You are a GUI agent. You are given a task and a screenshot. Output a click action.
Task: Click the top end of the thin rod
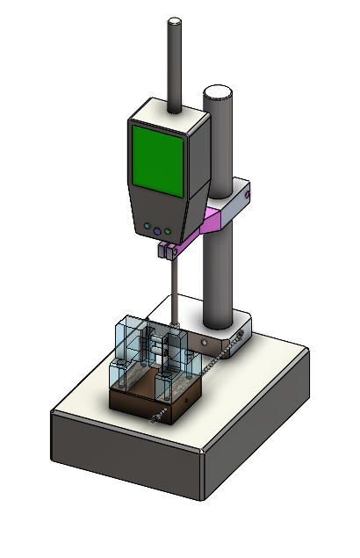175,22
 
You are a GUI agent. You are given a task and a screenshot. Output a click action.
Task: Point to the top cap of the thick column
217,91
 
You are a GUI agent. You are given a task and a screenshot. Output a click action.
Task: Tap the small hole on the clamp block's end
248,192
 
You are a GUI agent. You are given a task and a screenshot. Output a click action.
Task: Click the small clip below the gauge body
169,251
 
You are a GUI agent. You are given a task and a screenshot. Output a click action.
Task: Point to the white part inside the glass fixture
158,350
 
